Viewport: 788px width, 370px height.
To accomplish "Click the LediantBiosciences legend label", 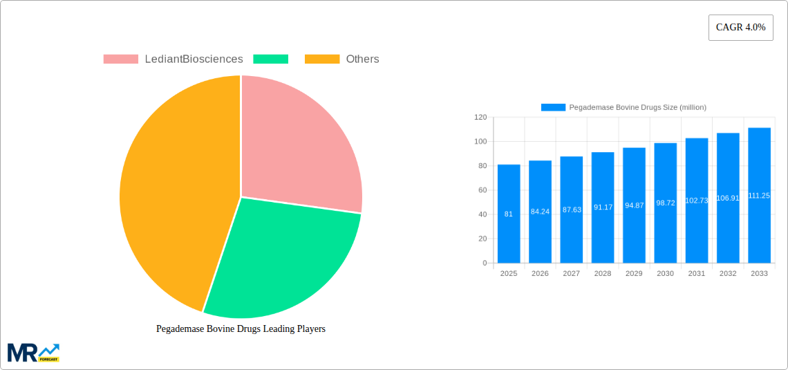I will click(x=194, y=59).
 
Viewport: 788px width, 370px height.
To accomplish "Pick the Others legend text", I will click(x=362, y=59).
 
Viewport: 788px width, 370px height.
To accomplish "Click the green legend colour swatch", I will click(x=270, y=59).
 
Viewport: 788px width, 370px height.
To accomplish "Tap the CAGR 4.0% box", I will click(x=740, y=28).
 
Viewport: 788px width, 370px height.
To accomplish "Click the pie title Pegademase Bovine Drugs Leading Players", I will click(x=241, y=329).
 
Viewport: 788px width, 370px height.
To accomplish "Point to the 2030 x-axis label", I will click(x=665, y=274).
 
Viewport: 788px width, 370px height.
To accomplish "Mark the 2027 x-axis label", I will click(x=571, y=274).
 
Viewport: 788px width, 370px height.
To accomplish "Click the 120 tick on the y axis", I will click(x=480, y=118).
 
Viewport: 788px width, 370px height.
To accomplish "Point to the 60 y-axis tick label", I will click(x=482, y=190).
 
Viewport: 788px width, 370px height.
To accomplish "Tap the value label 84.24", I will click(x=540, y=212).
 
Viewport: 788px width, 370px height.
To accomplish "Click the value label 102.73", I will click(x=697, y=201).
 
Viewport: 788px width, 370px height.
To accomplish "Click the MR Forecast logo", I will click(x=33, y=352).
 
